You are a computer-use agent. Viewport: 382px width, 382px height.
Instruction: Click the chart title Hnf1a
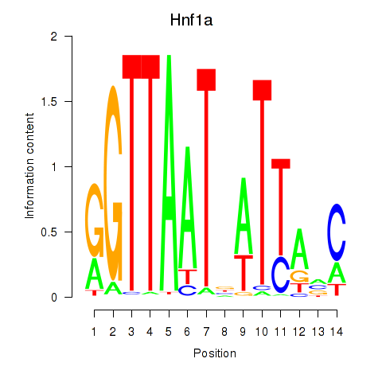[x=191, y=20]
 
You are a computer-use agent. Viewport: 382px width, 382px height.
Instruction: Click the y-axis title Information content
[x=29, y=166]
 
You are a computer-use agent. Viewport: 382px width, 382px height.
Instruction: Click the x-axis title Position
[x=215, y=353]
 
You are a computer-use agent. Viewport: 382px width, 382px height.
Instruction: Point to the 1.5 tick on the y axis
[x=68, y=101]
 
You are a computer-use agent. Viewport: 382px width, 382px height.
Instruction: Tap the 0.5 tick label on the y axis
[x=49, y=232]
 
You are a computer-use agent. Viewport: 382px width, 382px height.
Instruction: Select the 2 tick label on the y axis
[x=54, y=37]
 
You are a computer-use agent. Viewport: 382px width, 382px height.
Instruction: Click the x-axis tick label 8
[x=224, y=332]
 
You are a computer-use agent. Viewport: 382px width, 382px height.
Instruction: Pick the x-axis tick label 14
[x=337, y=332]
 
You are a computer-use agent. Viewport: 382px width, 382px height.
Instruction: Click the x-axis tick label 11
[x=280, y=332]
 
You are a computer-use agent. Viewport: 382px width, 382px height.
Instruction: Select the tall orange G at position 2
[x=113, y=183]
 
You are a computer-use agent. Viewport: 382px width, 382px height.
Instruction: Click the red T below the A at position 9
[x=244, y=272]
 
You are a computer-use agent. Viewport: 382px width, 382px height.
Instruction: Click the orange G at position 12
[x=299, y=276]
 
